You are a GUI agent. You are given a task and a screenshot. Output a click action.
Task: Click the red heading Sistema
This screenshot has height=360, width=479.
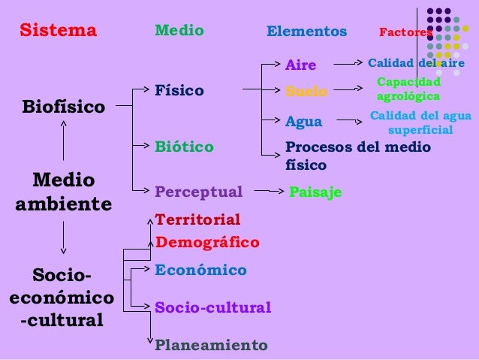click(x=59, y=31)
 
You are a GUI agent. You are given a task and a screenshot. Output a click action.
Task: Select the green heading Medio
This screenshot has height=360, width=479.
click(x=179, y=31)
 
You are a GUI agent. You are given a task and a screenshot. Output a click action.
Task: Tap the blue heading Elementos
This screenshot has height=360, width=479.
click(x=307, y=32)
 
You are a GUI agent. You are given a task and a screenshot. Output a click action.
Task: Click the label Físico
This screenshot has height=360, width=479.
click(x=179, y=91)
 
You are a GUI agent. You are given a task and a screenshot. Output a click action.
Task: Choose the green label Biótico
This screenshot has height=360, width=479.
click(x=184, y=146)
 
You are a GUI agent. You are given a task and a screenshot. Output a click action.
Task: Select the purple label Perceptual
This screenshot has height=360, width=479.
click(x=198, y=192)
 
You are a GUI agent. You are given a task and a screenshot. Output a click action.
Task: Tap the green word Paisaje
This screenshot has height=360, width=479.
click(x=315, y=192)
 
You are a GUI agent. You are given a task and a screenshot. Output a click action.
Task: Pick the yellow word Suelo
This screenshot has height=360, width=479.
click(x=306, y=92)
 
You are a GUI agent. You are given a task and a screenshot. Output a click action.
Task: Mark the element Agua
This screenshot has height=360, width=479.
click(x=303, y=121)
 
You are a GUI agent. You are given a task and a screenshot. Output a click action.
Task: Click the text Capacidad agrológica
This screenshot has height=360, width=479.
click(x=408, y=89)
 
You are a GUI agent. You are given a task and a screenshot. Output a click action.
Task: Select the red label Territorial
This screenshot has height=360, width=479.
click(x=197, y=219)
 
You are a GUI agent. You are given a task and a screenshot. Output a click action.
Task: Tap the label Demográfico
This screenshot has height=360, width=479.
click(x=206, y=242)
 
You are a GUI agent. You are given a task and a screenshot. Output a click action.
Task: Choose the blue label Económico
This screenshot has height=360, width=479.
click(x=200, y=270)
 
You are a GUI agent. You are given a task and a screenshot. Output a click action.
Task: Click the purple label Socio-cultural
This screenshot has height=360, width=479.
click(x=212, y=308)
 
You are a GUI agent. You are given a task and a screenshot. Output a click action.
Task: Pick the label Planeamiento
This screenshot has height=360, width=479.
click(x=210, y=346)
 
